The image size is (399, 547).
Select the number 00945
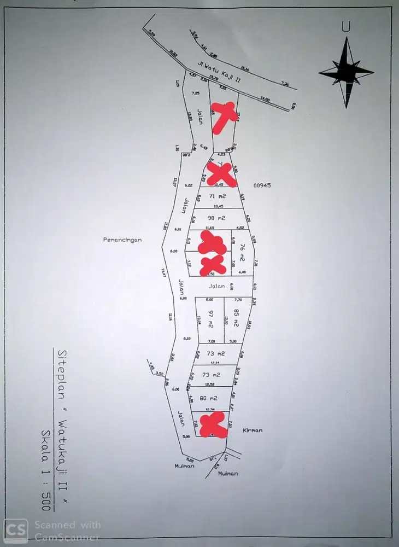(x=262, y=185)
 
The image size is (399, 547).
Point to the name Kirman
(x=253, y=430)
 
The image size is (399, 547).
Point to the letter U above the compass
(x=345, y=26)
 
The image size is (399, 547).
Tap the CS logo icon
(x=16, y=529)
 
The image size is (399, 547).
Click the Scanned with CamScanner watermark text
(x=67, y=529)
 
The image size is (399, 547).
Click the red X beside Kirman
(x=213, y=425)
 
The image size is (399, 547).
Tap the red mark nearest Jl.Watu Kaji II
(x=223, y=117)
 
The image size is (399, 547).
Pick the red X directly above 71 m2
(x=221, y=174)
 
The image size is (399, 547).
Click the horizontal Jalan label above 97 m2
(x=216, y=286)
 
